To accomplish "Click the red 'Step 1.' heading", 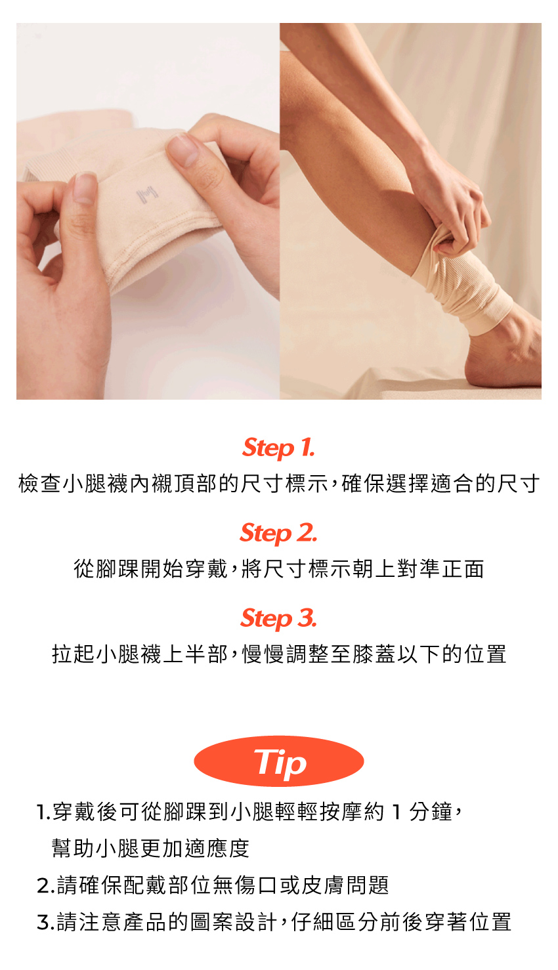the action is click(x=278, y=448).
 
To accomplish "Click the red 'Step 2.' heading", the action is click(x=278, y=533).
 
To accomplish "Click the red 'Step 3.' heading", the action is click(x=278, y=618).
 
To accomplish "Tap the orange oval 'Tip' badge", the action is click(x=278, y=761).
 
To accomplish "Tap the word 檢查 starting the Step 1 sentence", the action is click(x=40, y=484).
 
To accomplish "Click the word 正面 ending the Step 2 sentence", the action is click(x=463, y=569).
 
